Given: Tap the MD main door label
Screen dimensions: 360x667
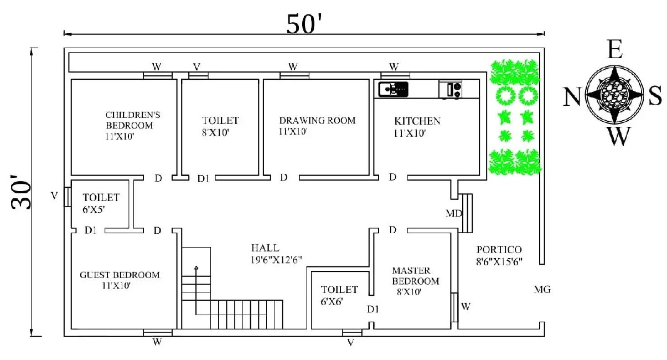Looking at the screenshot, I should [453, 213].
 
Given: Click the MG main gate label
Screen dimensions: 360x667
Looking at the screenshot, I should [542, 289].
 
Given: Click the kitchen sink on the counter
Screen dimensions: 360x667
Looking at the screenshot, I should [393, 88].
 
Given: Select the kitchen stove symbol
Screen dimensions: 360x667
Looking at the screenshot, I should [451, 89].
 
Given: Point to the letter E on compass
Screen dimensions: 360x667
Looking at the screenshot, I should [614, 50].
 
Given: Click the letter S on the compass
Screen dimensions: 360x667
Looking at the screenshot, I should [655, 97].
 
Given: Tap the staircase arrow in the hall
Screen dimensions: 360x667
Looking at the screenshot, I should [196, 268].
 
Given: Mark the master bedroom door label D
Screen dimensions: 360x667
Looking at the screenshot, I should [392, 230].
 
